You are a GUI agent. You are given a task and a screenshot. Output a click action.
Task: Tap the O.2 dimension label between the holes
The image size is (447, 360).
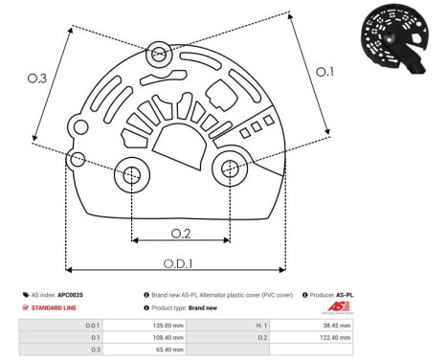(x=180, y=233)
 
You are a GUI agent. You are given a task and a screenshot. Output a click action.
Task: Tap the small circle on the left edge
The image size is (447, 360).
(x=78, y=158)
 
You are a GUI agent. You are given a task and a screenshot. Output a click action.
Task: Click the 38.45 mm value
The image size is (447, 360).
(x=339, y=326)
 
